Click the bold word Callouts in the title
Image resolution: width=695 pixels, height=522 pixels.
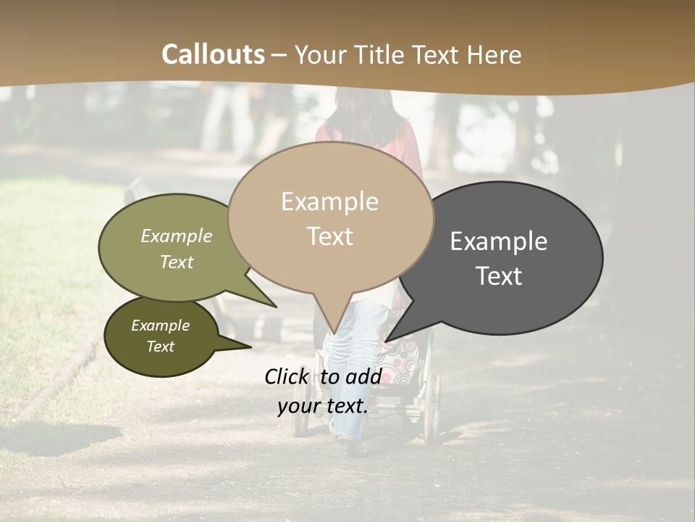click(x=214, y=54)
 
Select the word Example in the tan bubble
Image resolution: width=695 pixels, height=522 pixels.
click(x=329, y=202)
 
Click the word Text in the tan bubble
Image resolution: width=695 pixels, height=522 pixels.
click(x=329, y=236)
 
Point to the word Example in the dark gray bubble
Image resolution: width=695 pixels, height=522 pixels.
click(x=499, y=241)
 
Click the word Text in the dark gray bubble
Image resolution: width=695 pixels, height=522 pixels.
click(x=499, y=276)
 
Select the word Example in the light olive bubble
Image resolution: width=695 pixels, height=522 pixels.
click(x=177, y=236)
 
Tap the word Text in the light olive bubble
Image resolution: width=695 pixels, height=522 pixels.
click(x=177, y=262)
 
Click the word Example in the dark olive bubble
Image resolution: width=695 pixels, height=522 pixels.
click(x=160, y=326)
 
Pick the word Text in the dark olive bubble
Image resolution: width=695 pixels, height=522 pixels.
click(x=160, y=347)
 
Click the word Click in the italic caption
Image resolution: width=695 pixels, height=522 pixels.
click(x=287, y=376)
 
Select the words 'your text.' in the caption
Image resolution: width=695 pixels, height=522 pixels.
click(x=323, y=406)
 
